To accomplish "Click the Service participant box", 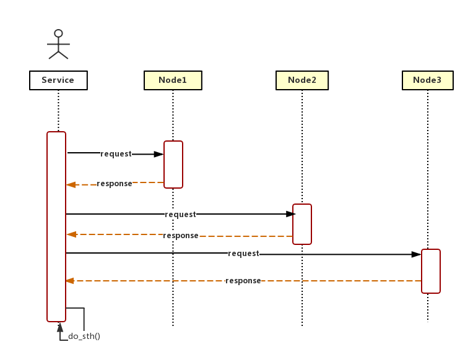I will click(58, 80).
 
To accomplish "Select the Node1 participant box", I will click(173, 80).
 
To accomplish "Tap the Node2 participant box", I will click(302, 80).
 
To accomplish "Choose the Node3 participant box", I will click(427, 80).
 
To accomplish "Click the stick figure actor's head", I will click(58, 33).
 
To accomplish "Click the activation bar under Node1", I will click(173, 165).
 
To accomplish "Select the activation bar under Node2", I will click(302, 225).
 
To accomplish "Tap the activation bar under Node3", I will click(431, 271).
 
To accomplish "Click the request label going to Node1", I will click(116, 154).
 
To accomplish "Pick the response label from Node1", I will click(115, 184).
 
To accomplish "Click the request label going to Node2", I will click(180, 215).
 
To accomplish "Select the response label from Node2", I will click(181, 236).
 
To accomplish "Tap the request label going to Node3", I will click(243, 254).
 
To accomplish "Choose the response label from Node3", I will click(243, 281).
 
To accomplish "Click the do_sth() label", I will click(84, 336).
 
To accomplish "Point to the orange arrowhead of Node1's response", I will click(71, 184).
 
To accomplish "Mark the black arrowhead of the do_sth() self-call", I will click(60, 327).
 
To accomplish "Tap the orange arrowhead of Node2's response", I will click(71, 234).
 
